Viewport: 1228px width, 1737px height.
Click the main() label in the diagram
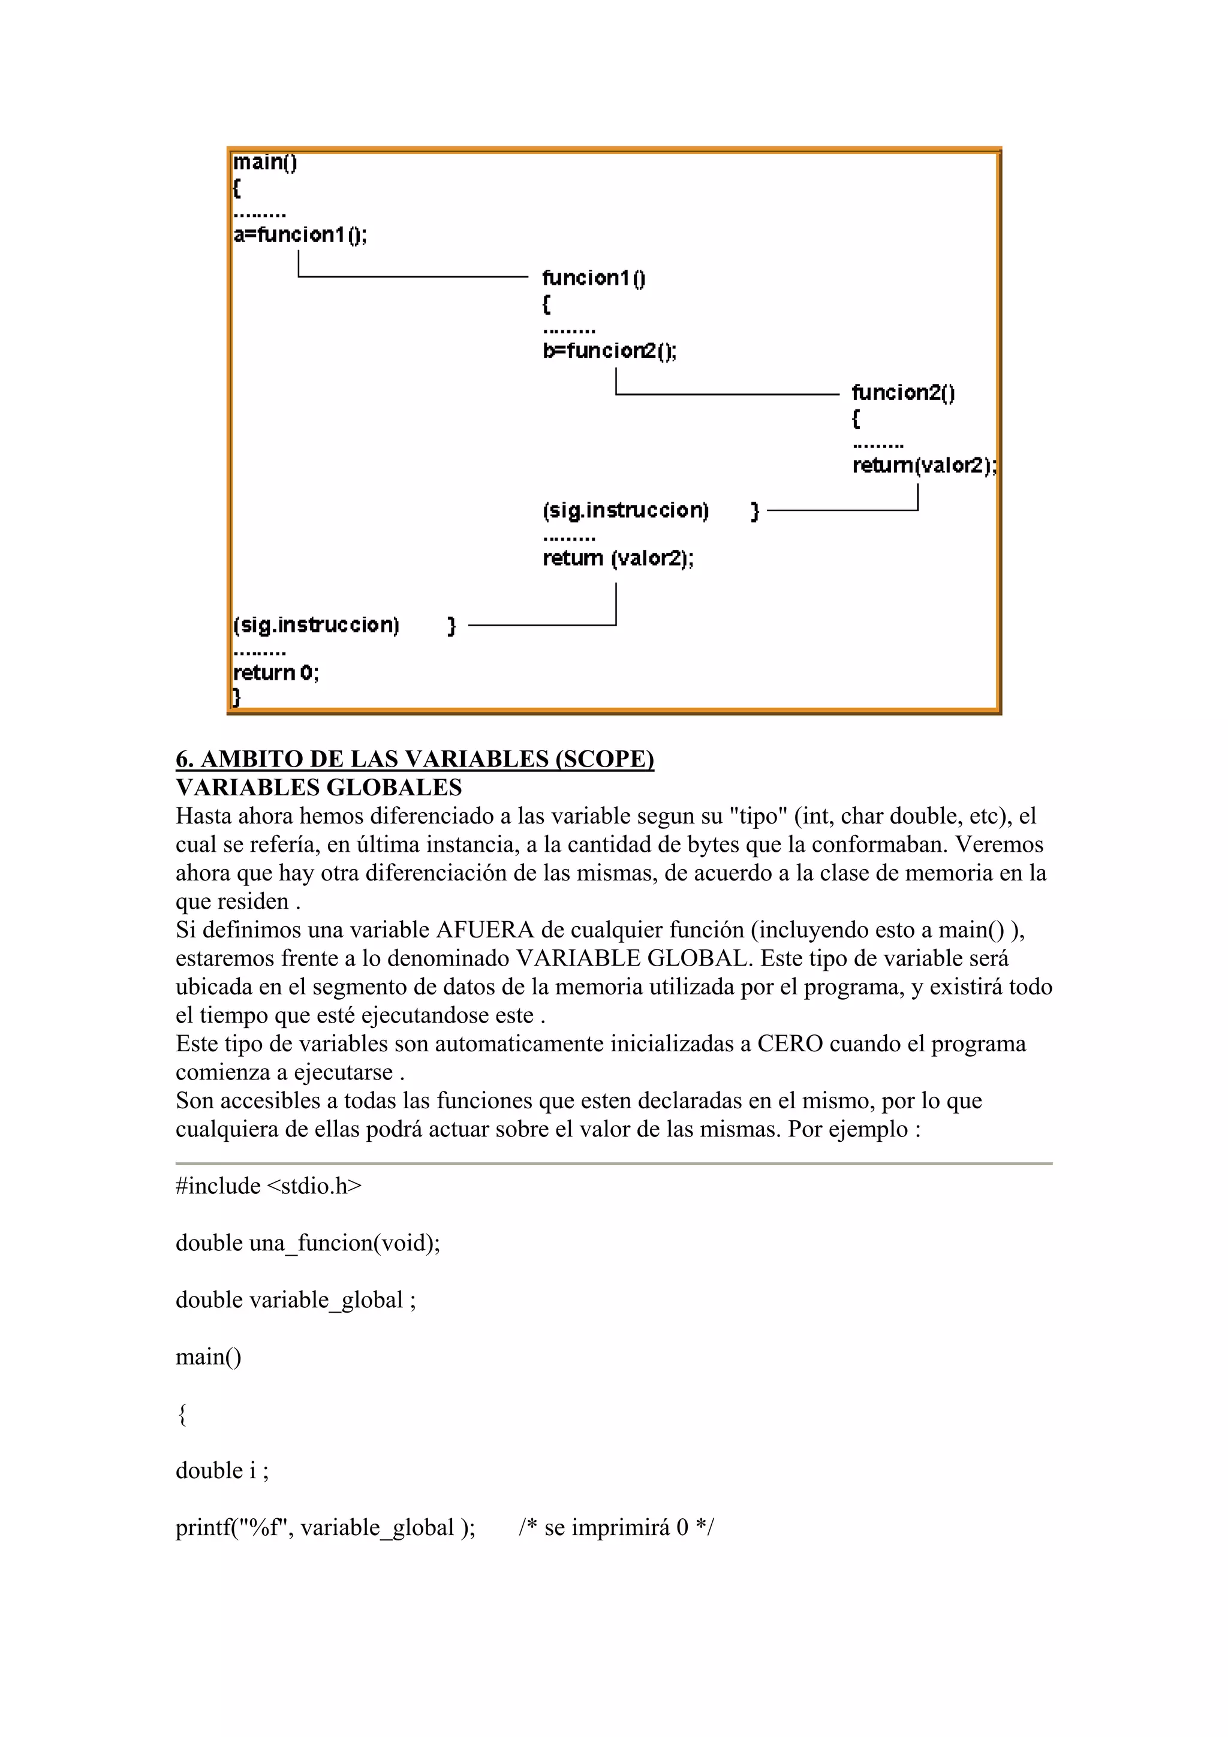(x=265, y=162)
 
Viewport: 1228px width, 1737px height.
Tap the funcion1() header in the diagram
(x=593, y=278)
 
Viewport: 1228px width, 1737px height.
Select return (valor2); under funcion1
(x=618, y=559)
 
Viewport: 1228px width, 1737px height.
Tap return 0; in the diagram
(x=275, y=672)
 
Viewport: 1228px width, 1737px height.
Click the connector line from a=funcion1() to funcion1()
(x=413, y=277)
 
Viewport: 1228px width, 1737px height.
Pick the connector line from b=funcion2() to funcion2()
(x=726, y=394)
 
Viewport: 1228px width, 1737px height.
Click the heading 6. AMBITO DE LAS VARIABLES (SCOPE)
(x=414, y=759)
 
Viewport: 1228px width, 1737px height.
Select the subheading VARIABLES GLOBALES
(x=318, y=788)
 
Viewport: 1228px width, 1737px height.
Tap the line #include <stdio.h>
(x=269, y=1186)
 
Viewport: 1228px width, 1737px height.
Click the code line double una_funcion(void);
(x=307, y=1243)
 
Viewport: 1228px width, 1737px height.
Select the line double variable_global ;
(x=295, y=1299)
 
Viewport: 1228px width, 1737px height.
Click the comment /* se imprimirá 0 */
(x=616, y=1527)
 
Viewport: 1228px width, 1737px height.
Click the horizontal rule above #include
(x=613, y=1163)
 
